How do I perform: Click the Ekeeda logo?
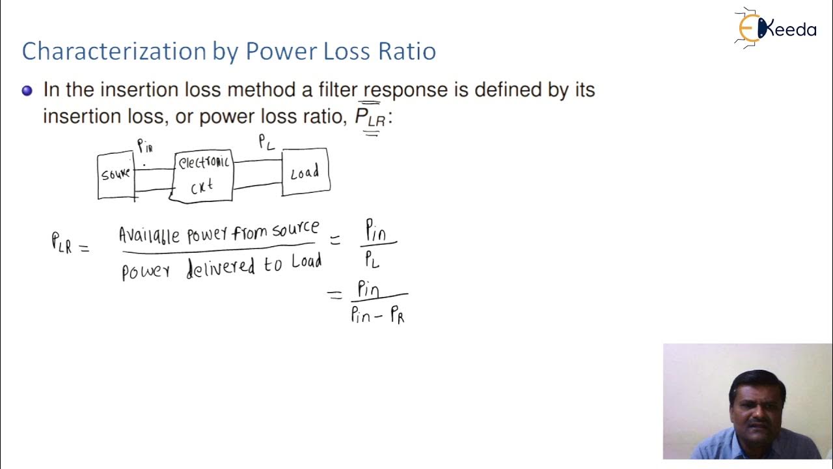coord(775,29)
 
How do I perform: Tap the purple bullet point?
coord(27,91)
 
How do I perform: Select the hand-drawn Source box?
coord(116,175)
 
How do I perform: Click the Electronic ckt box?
coord(203,175)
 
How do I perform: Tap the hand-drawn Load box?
coord(305,172)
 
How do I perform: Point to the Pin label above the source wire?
coord(144,147)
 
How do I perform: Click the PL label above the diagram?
coord(266,141)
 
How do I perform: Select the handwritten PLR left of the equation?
coord(62,242)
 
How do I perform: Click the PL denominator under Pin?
coord(372,260)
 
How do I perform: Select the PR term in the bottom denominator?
coord(396,316)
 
